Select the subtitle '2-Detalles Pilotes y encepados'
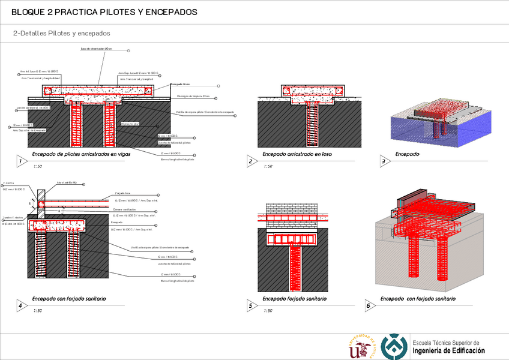click(x=61, y=34)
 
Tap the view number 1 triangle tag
click(x=20, y=161)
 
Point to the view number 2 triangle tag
click(x=250, y=161)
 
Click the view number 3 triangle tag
click(x=383, y=161)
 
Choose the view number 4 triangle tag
click(x=20, y=305)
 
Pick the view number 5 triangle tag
click(x=250, y=305)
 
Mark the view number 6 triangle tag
click(x=368, y=305)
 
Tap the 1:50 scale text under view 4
click(x=37, y=311)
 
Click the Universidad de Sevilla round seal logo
click(x=363, y=347)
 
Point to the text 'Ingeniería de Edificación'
click(x=448, y=350)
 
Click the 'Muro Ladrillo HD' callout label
click(x=67, y=182)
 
